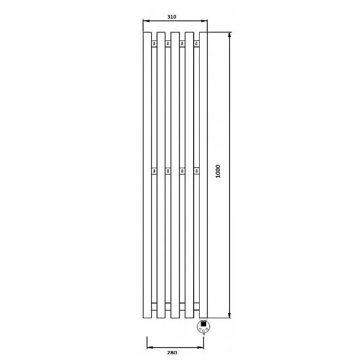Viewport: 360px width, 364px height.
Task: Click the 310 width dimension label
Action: pos(172,17)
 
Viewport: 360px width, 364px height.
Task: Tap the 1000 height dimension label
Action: pos(218,171)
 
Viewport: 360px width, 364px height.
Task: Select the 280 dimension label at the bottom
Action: pos(172,353)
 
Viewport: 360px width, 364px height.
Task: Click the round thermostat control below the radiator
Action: pos(203,326)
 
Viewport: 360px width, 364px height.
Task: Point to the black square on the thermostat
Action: pos(203,324)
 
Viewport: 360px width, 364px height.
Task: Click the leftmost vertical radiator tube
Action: pos(147,175)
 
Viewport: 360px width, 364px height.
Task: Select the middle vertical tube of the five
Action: pos(175,175)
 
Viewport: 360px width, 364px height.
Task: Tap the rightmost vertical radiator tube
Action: pos(203,175)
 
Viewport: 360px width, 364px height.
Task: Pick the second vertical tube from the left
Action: pos(161,175)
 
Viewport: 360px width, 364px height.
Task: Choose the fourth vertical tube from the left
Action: pos(189,175)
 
